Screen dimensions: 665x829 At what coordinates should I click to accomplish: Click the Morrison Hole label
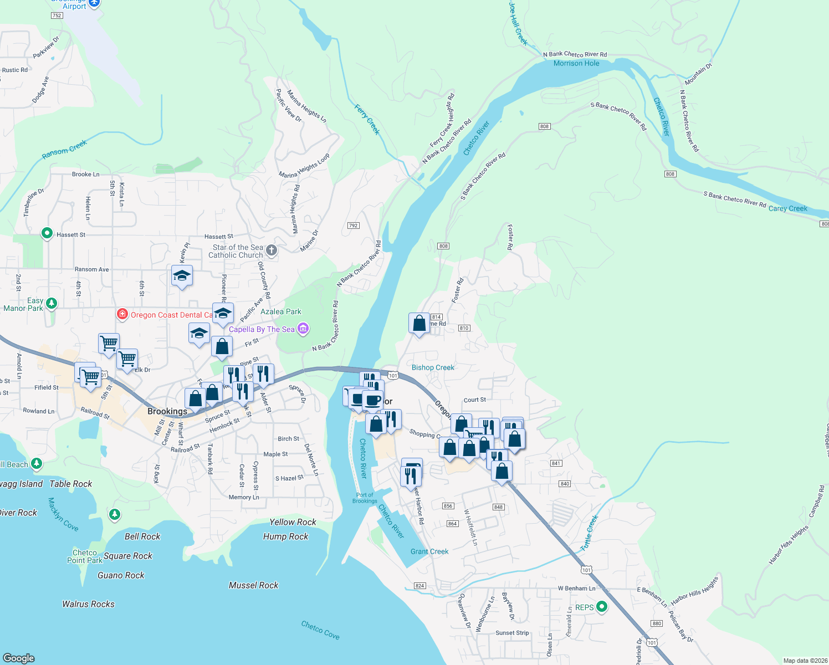tap(576, 63)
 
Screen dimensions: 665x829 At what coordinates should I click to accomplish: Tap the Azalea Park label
tap(281, 311)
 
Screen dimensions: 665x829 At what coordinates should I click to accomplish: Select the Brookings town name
tap(167, 411)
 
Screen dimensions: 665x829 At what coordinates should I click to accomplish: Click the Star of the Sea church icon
tap(272, 250)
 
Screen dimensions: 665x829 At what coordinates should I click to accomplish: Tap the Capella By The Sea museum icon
tap(303, 329)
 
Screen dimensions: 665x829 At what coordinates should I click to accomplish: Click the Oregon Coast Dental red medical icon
tap(122, 315)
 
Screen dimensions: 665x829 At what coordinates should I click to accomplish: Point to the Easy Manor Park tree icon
tap(52, 303)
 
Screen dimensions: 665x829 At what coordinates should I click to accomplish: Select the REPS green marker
tap(601, 607)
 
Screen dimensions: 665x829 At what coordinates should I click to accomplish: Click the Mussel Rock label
tap(253, 585)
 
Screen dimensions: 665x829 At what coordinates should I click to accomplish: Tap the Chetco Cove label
tap(320, 630)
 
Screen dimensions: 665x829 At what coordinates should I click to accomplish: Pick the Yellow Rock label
tap(293, 522)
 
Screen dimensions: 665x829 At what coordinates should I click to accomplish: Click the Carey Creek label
tap(787, 209)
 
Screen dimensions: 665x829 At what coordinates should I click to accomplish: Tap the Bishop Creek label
tap(433, 367)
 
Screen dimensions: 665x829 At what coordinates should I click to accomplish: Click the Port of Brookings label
tap(365, 498)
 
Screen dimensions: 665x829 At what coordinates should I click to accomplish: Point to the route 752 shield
tap(57, 16)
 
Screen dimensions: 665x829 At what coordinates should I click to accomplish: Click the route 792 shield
tap(353, 226)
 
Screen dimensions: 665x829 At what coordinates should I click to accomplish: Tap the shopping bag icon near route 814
tap(419, 323)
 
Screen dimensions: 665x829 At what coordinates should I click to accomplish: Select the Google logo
tap(19, 658)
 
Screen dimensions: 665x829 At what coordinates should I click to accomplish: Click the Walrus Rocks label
tap(88, 604)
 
